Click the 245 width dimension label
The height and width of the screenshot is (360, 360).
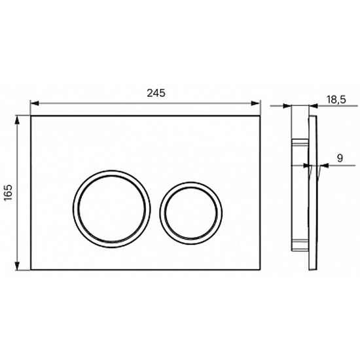(x=156, y=93)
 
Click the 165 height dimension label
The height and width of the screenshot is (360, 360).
(x=9, y=192)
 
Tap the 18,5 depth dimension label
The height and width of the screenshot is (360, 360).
(x=336, y=100)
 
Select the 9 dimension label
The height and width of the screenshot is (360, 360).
(x=340, y=158)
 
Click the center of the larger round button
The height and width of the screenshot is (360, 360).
(x=112, y=209)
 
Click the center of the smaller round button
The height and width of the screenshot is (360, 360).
(x=191, y=213)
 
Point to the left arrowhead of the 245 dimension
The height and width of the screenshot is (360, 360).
(x=35, y=103)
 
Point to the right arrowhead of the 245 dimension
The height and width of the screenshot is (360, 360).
(x=255, y=103)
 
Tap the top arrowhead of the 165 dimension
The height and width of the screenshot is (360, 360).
(x=17, y=120)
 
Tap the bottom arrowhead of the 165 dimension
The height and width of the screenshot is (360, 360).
(x=17, y=265)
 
